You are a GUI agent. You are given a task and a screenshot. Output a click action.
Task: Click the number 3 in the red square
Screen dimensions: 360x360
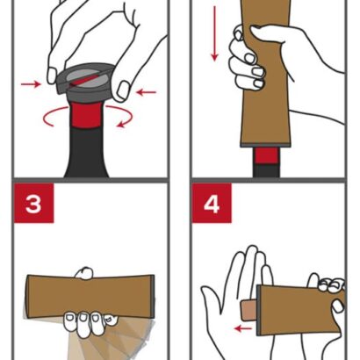coord(33,203)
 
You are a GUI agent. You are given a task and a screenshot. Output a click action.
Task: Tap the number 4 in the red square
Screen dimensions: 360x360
coord(212,203)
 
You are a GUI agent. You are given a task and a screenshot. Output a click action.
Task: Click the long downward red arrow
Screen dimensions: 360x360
coord(215,33)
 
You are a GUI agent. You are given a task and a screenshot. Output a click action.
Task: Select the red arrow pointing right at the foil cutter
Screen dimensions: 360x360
coord(31,84)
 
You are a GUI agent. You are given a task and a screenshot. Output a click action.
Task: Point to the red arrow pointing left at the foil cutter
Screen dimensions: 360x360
coord(146,92)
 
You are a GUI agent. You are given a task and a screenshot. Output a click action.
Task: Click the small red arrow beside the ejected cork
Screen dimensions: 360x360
coord(243,328)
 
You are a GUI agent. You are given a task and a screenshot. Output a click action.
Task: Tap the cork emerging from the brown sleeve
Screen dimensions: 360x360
coord(248,311)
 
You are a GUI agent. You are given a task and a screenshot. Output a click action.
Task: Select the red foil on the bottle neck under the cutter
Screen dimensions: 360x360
coord(86,115)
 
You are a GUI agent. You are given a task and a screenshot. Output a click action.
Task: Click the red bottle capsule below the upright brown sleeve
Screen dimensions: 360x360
coord(266,155)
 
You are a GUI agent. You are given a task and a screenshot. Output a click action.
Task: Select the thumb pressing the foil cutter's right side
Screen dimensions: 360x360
coord(122,90)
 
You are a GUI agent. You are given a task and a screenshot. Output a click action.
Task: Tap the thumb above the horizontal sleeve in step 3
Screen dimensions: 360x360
coord(84,272)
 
